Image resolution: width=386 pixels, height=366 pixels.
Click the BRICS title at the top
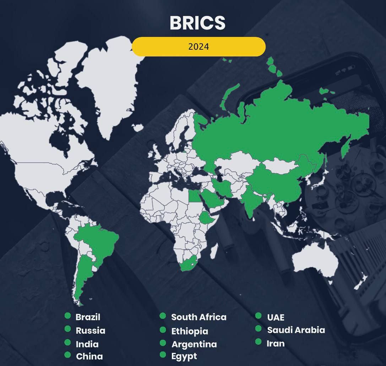(197, 23)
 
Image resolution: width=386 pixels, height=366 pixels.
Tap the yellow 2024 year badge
(199, 47)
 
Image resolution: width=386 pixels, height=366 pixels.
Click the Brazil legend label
(88, 317)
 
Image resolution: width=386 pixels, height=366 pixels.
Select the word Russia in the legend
(91, 331)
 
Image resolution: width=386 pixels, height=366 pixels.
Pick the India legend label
(87, 344)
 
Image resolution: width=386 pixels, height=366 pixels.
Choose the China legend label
(89, 356)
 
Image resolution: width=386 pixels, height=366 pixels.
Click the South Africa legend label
(199, 317)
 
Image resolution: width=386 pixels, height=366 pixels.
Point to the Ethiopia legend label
(190, 331)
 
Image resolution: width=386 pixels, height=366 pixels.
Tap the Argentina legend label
(194, 344)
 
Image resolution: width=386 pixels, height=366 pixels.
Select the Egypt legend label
(184, 356)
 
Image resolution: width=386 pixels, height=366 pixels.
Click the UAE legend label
(276, 317)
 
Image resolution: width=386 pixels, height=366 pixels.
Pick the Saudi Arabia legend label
(296, 330)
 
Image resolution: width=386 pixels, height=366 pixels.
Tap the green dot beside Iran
(259, 342)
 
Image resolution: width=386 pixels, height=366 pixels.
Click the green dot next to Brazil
(67, 316)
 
